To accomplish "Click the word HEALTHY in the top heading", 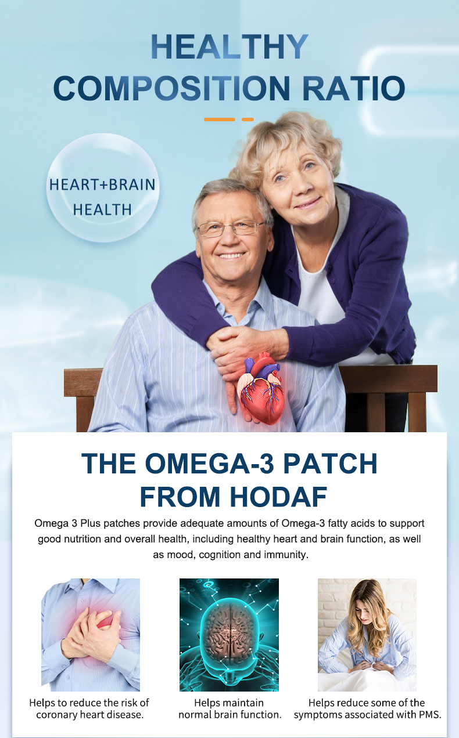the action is (229, 47).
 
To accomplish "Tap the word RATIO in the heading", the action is (353, 88).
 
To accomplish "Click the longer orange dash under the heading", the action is (219, 120).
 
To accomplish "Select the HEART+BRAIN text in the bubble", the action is (102, 184).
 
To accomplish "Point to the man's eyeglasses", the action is (230, 229).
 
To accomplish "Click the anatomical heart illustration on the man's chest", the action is (261, 389).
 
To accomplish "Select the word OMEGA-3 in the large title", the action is (209, 463).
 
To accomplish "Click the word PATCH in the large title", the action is (330, 463).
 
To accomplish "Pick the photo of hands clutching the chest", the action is (91, 635).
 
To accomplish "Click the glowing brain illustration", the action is (229, 635).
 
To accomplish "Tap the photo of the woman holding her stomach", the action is (367, 635).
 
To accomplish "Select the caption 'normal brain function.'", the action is (230, 715).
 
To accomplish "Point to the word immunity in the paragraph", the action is (288, 555).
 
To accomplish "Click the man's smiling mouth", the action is (231, 255).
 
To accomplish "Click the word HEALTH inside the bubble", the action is (102, 210).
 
